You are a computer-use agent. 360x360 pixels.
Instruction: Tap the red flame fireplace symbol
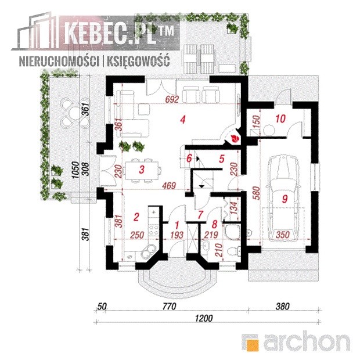tap(235, 138)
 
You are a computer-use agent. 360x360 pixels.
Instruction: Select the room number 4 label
tap(183, 120)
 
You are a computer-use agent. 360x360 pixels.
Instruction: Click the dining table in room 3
tap(142, 170)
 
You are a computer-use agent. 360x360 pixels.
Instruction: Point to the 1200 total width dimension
tap(204, 318)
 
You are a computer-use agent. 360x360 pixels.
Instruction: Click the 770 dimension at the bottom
tap(169, 306)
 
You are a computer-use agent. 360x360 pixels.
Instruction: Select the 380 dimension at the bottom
tap(283, 306)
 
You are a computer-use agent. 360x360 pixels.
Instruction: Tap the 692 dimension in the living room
tap(172, 99)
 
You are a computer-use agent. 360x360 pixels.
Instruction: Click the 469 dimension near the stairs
tap(169, 185)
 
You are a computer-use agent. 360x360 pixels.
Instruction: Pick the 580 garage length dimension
tap(257, 193)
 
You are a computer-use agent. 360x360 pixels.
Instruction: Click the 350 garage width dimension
tap(282, 235)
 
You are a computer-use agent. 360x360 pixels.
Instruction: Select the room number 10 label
tap(280, 118)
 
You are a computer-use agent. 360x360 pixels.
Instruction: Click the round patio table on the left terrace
tap(75, 112)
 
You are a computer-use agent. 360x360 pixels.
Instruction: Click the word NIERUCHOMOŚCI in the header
tap(59, 62)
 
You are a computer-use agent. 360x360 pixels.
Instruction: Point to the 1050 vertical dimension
tap(75, 170)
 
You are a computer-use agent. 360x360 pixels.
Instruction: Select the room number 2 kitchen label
tap(136, 217)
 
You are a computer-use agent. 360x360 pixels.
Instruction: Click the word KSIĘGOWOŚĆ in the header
tap(138, 62)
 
